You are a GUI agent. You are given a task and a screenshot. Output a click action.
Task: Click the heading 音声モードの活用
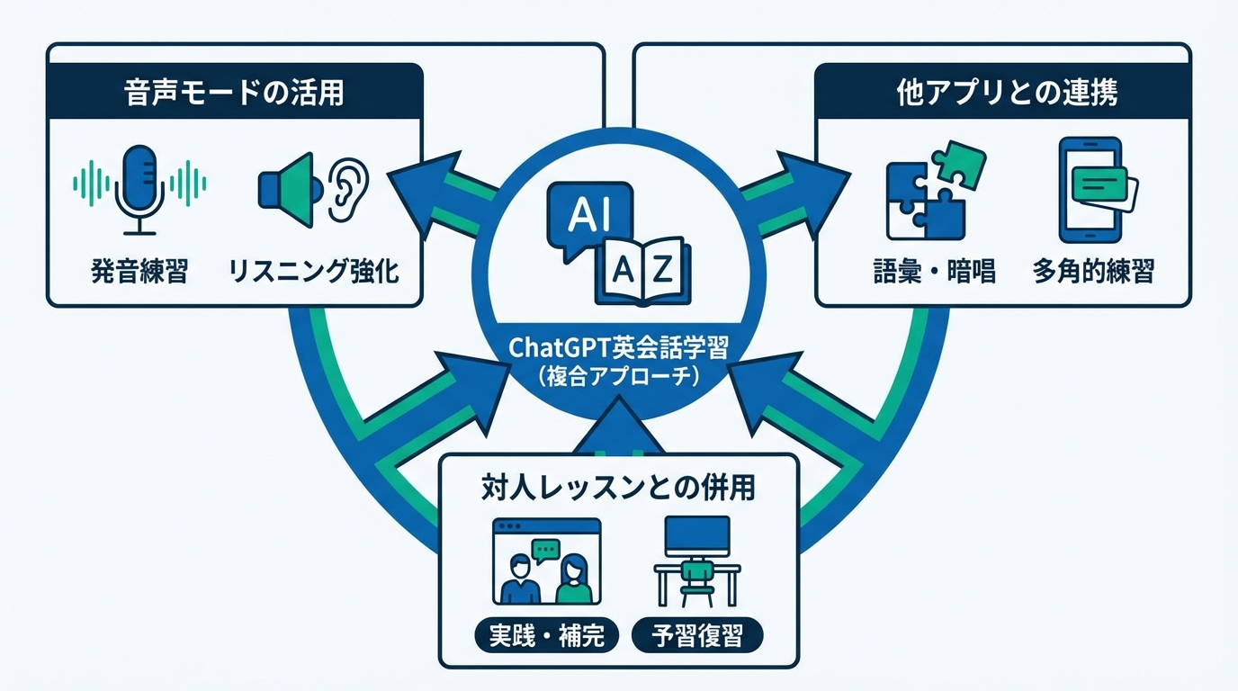pos(234,92)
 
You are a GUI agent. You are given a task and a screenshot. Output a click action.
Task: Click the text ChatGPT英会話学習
pos(619,346)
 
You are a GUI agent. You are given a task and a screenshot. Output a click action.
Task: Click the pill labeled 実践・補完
pos(546,636)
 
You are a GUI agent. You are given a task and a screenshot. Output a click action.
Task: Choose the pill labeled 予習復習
pos(695,636)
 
